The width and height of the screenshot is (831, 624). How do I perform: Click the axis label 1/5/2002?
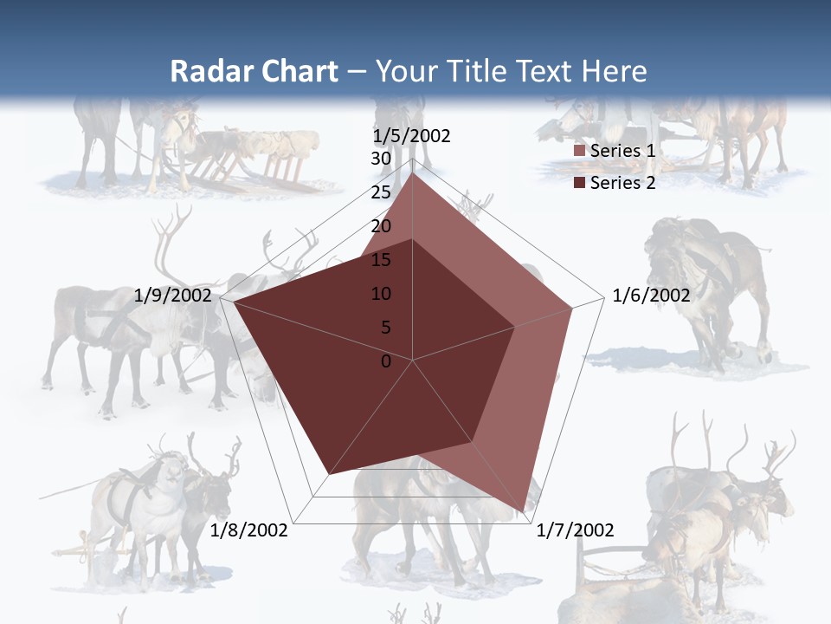(x=412, y=136)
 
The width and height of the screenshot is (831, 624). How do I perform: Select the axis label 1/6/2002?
(x=651, y=296)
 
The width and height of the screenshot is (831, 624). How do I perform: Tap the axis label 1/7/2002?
(x=575, y=530)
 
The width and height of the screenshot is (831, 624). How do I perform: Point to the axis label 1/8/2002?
(x=249, y=530)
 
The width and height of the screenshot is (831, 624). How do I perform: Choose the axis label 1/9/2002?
(x=173, y=296)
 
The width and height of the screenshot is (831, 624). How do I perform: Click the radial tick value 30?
(x=381, y=159)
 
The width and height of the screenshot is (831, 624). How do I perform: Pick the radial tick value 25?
(x=381, y=192)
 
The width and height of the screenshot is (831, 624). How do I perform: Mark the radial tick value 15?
(x=381, y=260)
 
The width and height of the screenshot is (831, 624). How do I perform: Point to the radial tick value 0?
(x=386, y=361)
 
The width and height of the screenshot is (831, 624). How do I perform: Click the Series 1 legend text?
(x=622, y=151)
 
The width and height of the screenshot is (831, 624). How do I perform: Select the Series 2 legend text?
(x=622, y=182)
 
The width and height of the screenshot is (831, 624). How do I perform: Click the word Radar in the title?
(x=209, y=71)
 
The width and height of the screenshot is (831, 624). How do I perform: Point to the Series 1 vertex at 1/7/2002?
(x=523, y=511)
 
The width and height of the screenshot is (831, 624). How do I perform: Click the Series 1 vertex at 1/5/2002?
(x=413, y=173)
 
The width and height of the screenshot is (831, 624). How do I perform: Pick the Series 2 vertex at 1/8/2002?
(x=330, y=474)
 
